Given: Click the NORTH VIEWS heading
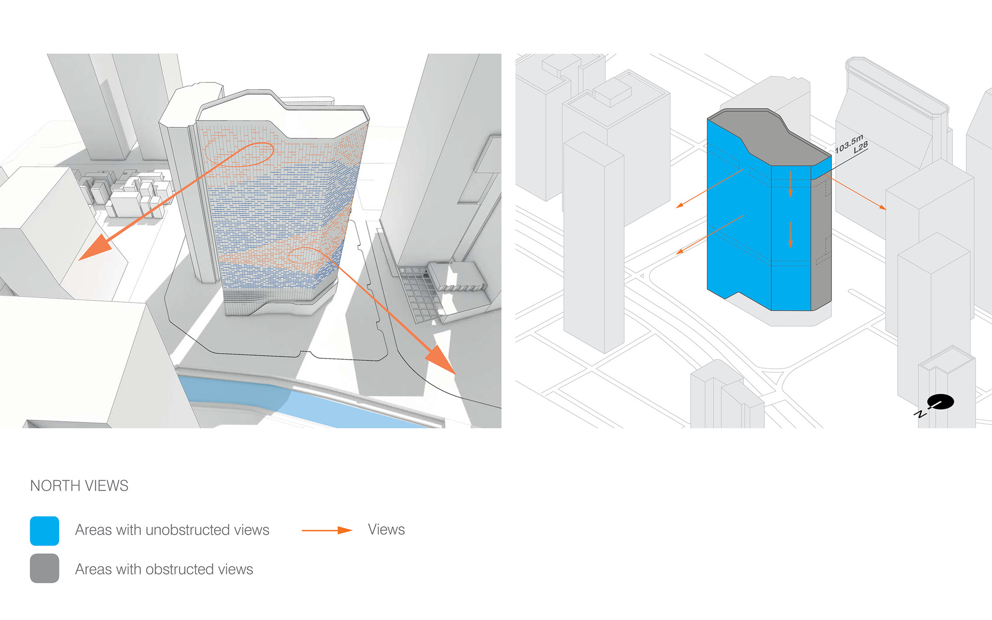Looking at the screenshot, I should [79, 486].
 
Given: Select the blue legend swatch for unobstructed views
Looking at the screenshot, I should [45, 531].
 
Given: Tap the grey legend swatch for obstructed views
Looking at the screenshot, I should [45, 568].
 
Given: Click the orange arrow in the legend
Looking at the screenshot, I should [327, 530].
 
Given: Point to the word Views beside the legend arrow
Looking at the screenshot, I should [386, 530].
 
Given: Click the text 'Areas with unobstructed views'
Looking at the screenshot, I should [172, 530].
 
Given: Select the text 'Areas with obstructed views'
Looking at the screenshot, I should [164, 569].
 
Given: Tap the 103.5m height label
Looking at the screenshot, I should [849, 144].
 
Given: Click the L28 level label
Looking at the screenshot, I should [861, 147].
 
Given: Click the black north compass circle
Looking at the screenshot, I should [940, 402].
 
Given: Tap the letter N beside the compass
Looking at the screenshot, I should [920, 414].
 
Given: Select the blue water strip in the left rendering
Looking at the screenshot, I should [298, 402].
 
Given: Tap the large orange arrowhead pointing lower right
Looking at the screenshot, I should [441, 360].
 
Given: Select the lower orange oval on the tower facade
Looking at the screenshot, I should [305, 255].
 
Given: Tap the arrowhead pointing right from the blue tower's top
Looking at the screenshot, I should [882, 207].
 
